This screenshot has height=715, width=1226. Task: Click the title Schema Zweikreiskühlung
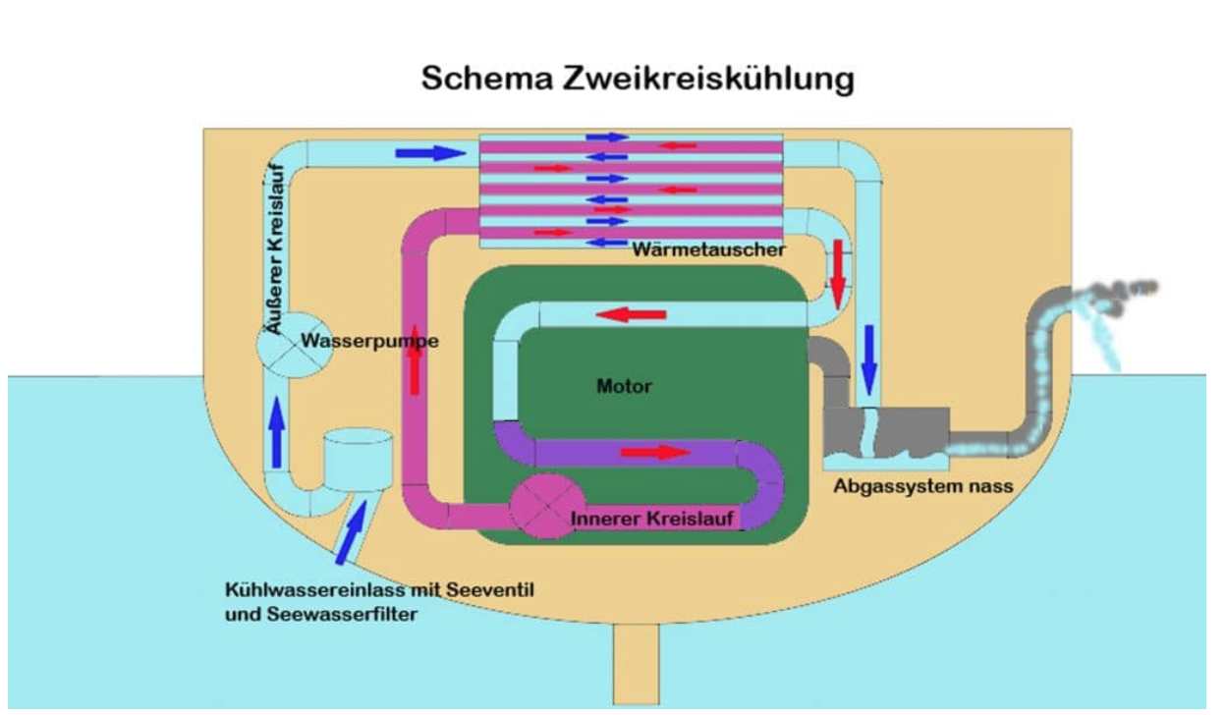(638, 79)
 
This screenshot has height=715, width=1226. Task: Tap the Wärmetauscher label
(708, 249)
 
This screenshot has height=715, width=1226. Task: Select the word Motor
(624, 386)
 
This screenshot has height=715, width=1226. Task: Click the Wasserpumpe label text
(369, 342)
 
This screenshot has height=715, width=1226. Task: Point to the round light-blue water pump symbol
(289, 346)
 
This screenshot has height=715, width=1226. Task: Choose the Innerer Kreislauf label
(654, 517)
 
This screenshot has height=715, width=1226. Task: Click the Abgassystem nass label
(922, 485)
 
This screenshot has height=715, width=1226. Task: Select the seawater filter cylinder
(359, 459)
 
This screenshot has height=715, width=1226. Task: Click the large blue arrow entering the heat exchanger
(429, 153)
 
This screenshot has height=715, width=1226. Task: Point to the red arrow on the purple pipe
(655, 452)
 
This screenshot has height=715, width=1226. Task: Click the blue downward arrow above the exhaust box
(868, 358)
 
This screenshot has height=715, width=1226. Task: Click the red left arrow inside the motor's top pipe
(632, 315)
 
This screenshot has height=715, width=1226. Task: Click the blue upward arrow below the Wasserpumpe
(277, 430)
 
